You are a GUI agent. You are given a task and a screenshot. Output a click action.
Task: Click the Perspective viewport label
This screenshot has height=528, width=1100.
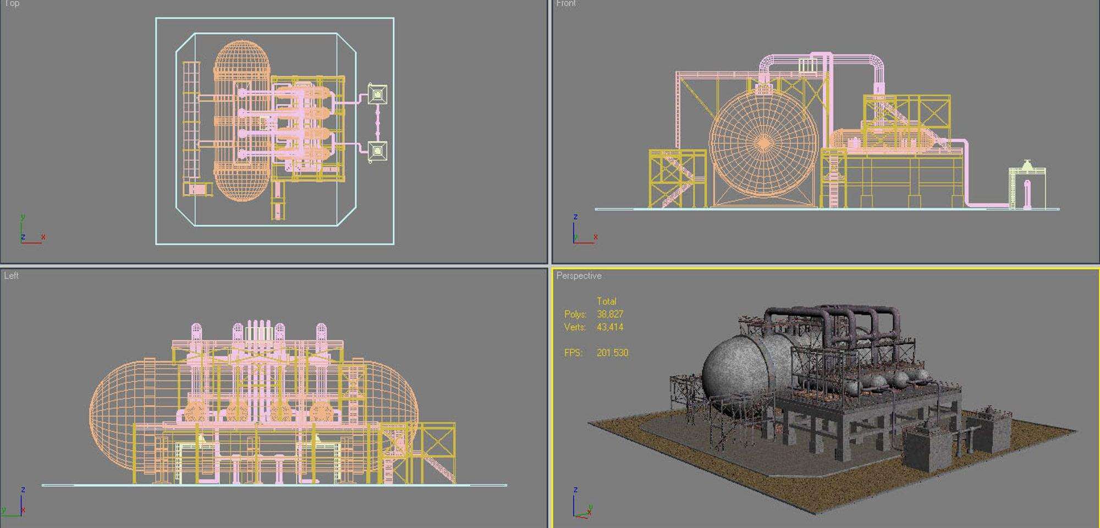(579, 276)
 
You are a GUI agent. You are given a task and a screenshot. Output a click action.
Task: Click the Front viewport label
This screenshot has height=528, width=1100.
(565, 4)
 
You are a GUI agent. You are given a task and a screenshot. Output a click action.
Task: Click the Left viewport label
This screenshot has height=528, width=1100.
(12, 276)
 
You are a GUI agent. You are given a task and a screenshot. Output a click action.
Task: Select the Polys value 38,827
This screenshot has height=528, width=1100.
(610, 314)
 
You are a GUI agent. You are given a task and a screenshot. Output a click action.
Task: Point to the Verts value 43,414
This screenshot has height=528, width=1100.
(610, 327)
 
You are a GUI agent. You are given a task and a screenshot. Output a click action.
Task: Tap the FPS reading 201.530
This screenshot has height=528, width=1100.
(612, 353)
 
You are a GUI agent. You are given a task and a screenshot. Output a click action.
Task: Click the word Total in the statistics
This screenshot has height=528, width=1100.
(606, 301)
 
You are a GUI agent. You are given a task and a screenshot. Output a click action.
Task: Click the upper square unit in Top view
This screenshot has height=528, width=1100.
(377, 95)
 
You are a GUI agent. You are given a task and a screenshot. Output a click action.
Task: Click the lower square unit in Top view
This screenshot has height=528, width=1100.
(377, 150)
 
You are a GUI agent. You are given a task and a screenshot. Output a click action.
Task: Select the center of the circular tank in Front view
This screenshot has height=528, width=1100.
(763, 143)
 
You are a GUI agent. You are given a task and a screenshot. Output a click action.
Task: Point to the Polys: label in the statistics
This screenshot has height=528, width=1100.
(575, 314)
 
